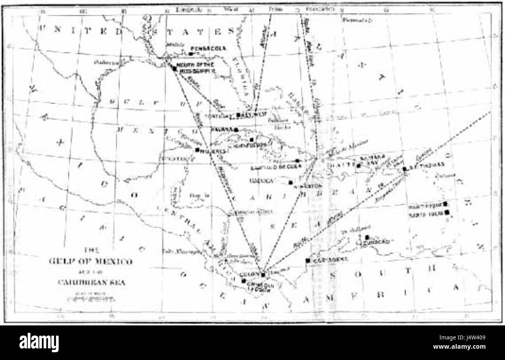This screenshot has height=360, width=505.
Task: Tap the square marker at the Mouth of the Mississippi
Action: point(174,68)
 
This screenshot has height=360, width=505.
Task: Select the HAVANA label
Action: point(223,129)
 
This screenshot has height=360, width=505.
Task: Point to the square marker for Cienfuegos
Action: point(252,140)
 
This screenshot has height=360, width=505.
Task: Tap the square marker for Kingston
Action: point(291,182)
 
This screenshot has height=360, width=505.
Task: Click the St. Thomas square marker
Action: point(404,169)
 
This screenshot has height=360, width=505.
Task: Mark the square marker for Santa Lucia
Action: point(447,212)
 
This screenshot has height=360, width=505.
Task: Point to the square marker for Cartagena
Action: point(308,260)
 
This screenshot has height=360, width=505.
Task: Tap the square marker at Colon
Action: point(263,275)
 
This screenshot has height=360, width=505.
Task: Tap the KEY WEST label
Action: point(252,115)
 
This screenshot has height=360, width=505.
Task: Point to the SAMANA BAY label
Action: point(373,161)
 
